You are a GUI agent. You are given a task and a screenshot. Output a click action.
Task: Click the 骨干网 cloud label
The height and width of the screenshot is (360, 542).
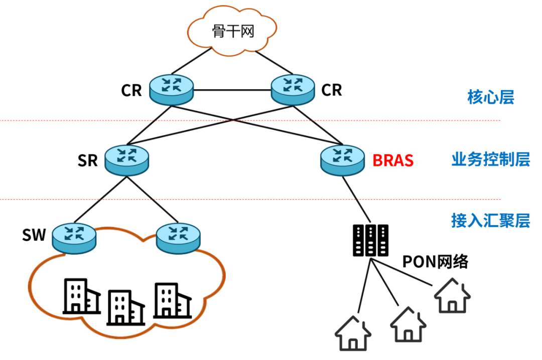[x=232, y=33]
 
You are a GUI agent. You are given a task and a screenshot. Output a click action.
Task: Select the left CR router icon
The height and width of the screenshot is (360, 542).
[x=172, y=89]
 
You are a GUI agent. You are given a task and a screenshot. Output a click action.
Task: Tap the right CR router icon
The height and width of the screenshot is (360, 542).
[x=293, y=89]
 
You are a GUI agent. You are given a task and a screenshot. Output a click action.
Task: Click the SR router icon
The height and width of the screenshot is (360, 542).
[x=126, y=159]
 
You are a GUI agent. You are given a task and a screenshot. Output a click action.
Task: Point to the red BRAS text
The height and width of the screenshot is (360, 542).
[x=393, y=160]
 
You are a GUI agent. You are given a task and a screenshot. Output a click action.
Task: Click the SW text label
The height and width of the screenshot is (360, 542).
[x=34, y=235]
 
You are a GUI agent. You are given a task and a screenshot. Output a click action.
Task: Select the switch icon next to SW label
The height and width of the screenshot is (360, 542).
[x=74, y=238]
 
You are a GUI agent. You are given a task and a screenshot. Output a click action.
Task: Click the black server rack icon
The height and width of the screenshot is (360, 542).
[x=370, y=240]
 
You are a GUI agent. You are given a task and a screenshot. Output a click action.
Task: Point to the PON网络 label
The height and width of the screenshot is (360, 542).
[x=435, y=262]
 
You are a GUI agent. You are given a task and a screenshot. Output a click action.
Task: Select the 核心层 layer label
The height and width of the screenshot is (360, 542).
[x=490, y=97]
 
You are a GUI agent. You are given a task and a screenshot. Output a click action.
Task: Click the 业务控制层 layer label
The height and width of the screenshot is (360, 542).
[x=490, y=160]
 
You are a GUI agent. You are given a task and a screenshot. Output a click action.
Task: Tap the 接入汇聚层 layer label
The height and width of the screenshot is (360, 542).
[x=490, y=221]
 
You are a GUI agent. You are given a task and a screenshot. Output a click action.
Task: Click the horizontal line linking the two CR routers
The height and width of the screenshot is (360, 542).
[x=232, y=91]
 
